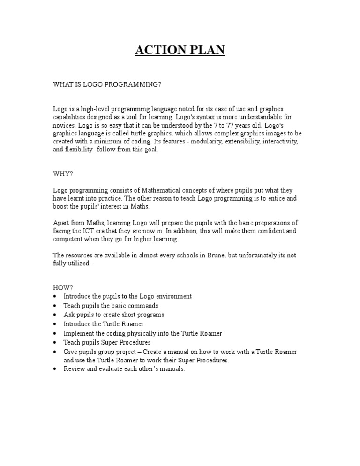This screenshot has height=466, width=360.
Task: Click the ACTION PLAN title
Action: pyautogui.click(x=180, y=50)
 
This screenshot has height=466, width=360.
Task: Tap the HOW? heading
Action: pyautogui.click(x=63, y=287)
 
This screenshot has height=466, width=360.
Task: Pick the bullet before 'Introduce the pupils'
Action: pyautogui.click(x=55, y=297)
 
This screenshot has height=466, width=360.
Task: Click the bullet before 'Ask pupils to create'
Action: pyautogui.click(x=55, y=315)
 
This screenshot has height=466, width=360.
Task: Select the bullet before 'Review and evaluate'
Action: pyautogui.click(x=55, y=369)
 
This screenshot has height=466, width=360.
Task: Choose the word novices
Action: pyautogui.click(x=64, y=125)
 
